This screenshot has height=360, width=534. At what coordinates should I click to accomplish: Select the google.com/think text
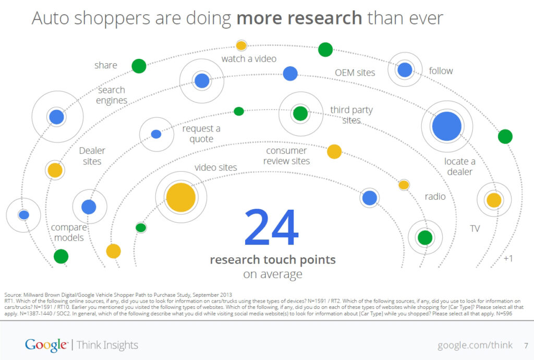[475, 345]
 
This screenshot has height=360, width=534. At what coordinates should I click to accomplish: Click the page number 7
[526, 345]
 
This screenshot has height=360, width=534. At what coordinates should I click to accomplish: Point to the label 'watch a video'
[249, 59]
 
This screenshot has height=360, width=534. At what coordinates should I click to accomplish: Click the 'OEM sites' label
[355, 73]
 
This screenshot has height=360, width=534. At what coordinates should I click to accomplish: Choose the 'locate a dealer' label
[459, 166]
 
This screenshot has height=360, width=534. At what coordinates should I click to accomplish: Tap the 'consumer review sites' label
[286, 156]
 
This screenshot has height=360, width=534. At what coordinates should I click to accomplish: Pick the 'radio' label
[435, 197]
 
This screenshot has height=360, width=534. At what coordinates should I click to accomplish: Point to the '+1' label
[507, 258]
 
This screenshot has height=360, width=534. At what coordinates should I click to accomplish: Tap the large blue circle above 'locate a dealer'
[447, 126]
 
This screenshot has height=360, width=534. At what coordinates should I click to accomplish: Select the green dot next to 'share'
[139, 66]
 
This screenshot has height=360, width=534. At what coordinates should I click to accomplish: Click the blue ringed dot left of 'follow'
[405, 69]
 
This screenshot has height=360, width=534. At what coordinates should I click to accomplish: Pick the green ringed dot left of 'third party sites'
[300, 113]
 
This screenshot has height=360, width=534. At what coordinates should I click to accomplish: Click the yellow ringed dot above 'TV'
[493, 200]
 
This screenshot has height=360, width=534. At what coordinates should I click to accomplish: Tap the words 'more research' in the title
[299, 18]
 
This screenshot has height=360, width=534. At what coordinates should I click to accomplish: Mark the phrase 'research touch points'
[272, 260]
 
